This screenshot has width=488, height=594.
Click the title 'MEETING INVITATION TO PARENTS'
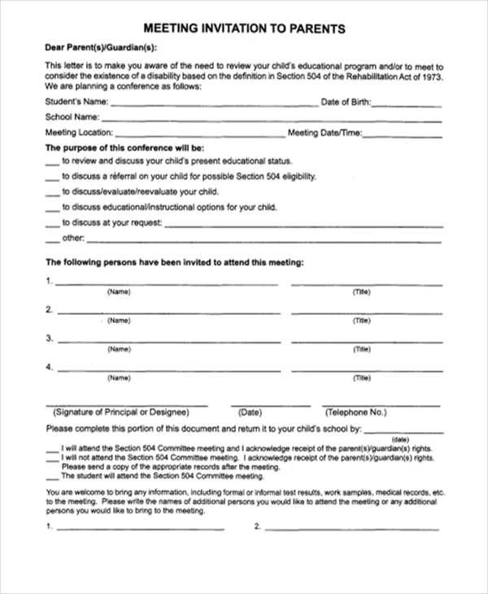244,28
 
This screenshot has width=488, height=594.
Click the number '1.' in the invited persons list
50,282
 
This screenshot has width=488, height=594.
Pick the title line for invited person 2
367,312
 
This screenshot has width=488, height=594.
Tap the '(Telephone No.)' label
360,412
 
